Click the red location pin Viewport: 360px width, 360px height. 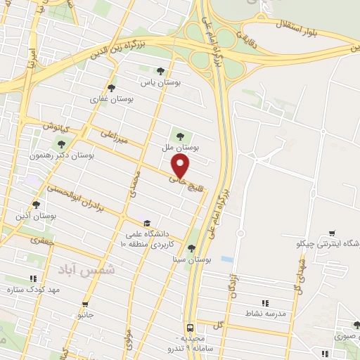tap(181, 167)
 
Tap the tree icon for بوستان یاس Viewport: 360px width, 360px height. tap(161, 70)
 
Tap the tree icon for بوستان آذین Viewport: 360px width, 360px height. tap(36, 205)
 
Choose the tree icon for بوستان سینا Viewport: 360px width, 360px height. tap(192, 247)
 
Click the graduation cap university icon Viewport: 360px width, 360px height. tap(146, 221)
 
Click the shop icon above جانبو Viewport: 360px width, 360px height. tap(84, 305)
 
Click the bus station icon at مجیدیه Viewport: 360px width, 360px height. tap(191, 328)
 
